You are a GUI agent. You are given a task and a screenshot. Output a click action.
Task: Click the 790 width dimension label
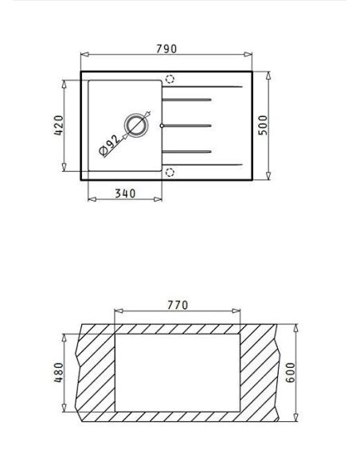[x=166, y=49]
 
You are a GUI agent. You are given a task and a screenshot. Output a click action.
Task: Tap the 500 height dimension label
[x=263, y=125]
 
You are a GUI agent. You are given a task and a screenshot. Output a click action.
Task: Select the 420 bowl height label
[x=59, y=125]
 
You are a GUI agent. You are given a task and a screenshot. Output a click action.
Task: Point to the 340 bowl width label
[x=125, y=193]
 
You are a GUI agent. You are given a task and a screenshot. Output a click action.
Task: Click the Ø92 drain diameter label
[x=109, y=145]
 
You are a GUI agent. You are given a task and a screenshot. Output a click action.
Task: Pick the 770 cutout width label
[x=178, y=305]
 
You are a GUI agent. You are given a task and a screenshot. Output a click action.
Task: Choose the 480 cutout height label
[x=59, y=373]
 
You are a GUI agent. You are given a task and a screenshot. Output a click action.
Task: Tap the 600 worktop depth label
[x=291, y=373]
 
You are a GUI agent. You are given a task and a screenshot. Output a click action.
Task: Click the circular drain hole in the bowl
[x=136, y=125]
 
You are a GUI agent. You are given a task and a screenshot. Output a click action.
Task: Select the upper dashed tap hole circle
[x=170, y=79]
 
